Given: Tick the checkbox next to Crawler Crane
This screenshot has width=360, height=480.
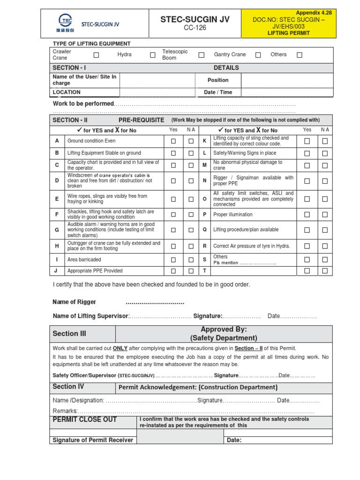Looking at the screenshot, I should tap(96, 55).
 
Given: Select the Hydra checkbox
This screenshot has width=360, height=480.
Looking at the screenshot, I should tap(152, 55).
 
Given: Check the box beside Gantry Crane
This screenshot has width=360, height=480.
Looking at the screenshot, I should tap(258, 55).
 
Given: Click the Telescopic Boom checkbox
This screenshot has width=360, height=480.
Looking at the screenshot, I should tap(201, 55).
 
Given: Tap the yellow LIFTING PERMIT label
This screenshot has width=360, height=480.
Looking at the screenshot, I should tap(288, 33).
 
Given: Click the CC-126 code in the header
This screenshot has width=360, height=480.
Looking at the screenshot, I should tap(195, 28).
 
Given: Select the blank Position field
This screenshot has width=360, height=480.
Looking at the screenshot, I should tap(287, 80).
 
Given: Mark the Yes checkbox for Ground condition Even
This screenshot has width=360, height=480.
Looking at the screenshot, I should tap(173, 141).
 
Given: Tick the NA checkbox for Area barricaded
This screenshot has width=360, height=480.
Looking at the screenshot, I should tap(191, 260).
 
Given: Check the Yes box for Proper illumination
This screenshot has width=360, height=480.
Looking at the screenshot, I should tap(307, 215).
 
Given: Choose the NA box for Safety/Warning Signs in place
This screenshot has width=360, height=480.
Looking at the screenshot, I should tap(325, 153).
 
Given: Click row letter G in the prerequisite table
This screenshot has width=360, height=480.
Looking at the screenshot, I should tap(57, 230).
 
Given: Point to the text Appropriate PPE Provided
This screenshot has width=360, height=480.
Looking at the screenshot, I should tap(95, 271).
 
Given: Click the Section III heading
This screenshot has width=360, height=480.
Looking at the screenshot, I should tap(69, 334).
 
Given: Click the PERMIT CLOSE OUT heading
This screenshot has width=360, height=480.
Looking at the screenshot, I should tap(85, 420).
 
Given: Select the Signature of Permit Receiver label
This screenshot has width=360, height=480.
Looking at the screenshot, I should tap(93, 440).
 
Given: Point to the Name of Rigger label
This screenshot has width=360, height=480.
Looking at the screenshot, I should tap(75, 302).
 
